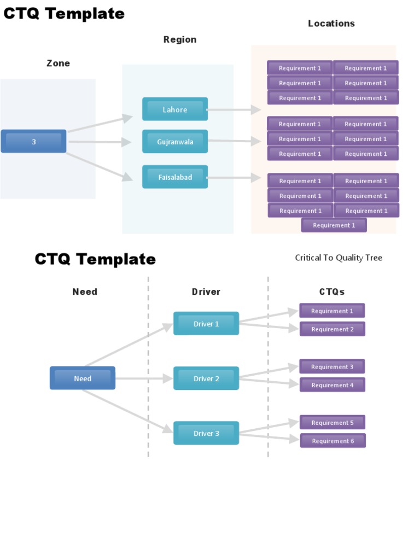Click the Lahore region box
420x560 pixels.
coord(175,109)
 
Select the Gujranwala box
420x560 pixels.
coord(175,142)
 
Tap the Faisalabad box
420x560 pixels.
coord(175,177)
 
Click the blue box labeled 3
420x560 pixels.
coord(33,142)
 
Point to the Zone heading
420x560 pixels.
coord(58,63)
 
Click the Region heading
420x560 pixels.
coord(180,39)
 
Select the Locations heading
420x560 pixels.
coord(331,23)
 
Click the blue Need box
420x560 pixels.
coord(83,378)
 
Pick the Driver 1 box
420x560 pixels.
coord(206,324)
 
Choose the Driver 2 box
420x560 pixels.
coord(206,378)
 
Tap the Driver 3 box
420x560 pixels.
coord(206,433)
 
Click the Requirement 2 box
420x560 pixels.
coord(332,329)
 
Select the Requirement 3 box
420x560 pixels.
coord(332,367)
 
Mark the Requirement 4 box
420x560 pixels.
coord(332,385)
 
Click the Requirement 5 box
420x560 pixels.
coord(332,423)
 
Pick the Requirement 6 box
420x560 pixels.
coord(333,441)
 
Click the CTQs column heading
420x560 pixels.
coord(332,291)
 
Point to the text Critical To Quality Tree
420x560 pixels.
coord(339,258)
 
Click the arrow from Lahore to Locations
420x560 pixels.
coord(234,110)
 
